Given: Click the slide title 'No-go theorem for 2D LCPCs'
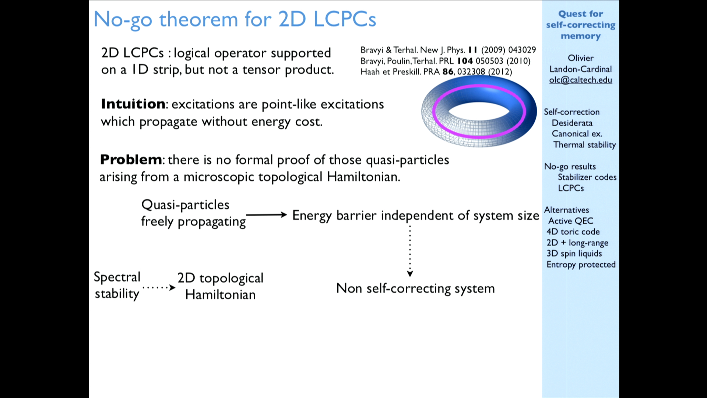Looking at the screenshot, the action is coord(235,20).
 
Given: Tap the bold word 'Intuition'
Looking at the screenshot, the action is coord(133,104).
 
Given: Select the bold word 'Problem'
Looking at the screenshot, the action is coord(131,160).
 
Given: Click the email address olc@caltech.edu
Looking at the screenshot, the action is coord(581,80).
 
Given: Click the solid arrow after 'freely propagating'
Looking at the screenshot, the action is coord(267,214).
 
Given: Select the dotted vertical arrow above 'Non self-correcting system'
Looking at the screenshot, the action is coord(410,251).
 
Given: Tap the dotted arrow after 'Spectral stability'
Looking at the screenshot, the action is coord(159,287).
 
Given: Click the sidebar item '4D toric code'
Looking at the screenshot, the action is coord(573,232).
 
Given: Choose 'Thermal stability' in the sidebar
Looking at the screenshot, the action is coord(584,145).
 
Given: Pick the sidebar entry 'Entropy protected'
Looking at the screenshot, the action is coord(581,265).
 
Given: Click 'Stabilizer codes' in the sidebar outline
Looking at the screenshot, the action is coord(587,177).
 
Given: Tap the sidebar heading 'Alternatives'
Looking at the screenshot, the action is coord(566,210).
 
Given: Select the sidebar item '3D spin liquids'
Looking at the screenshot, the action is coord(574,254).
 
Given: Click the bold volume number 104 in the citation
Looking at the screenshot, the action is coord(465,61).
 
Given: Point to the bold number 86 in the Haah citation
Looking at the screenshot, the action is coord(448,71).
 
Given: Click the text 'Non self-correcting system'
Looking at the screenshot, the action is coord(415,289).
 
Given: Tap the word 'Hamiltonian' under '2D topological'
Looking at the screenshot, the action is coord(220,294).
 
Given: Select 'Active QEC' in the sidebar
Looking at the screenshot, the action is coord(571,221).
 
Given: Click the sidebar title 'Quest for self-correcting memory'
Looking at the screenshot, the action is coord(581,25).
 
